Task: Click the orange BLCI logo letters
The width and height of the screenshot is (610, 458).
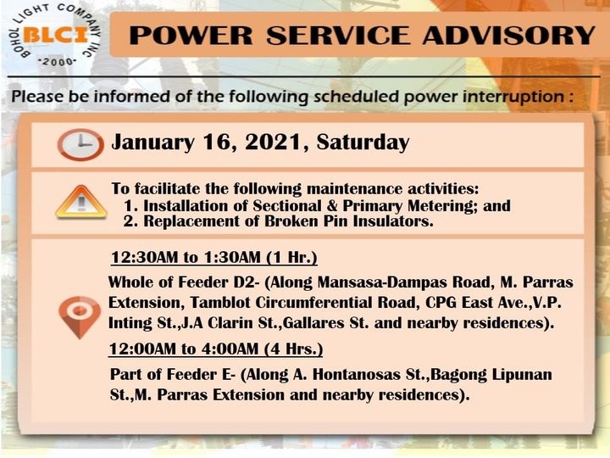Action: (54, 36)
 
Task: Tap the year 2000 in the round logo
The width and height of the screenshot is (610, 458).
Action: (58, 62)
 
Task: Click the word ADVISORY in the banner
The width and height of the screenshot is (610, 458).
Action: (509, 36)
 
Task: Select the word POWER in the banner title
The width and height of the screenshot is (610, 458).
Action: (191, 36)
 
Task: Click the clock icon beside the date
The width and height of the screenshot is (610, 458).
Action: (80, 145)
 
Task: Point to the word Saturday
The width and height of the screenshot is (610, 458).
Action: (363, 142)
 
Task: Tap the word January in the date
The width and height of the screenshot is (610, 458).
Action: (152, 143)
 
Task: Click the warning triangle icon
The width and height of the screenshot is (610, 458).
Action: (81, 202)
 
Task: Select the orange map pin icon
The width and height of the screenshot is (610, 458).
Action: (80, 317)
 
